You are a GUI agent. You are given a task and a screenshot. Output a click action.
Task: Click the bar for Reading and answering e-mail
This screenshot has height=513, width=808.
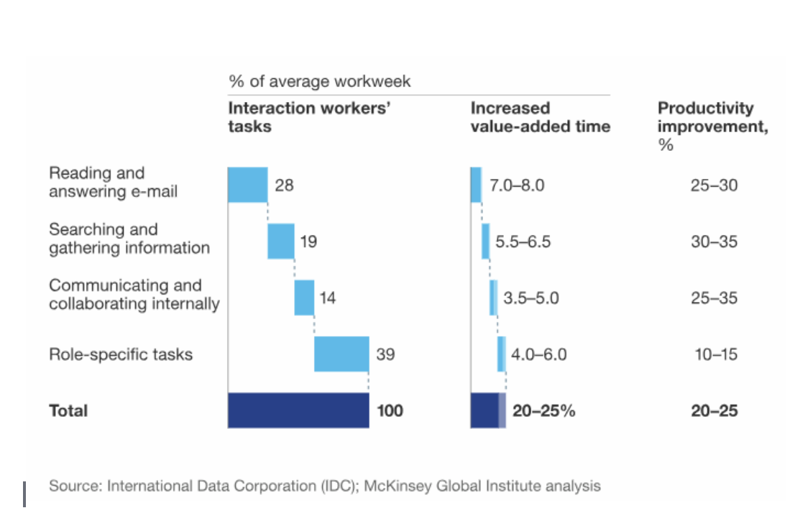(247, 185)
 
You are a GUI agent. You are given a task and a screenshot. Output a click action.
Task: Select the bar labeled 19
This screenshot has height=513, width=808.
(280, 241)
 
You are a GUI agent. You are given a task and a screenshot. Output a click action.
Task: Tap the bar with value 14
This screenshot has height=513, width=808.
(304, 297)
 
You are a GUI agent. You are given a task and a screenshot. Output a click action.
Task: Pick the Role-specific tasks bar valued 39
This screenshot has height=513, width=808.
(341, 353)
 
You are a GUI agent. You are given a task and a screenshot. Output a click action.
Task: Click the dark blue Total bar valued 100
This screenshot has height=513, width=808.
(298, 410)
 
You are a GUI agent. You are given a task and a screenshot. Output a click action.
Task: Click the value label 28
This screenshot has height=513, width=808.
(284, 185)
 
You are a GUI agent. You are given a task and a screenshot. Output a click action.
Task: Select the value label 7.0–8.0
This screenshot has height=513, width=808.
(517, 185)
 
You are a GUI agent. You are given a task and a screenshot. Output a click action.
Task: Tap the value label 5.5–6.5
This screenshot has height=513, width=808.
(523, 241)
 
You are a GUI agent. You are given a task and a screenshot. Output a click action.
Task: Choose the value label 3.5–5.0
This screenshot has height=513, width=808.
(531, 297)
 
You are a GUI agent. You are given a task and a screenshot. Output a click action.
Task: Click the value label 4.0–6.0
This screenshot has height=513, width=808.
(538, 354)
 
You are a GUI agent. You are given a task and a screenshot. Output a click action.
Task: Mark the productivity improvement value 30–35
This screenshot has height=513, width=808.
(714, 241)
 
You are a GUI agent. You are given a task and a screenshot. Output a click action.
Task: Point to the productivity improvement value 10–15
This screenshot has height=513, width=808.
(715, 354)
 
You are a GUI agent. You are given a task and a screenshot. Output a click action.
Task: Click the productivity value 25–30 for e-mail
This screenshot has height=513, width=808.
(714, 185)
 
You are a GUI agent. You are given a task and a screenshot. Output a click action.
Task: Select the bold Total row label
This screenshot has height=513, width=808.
(68, 410)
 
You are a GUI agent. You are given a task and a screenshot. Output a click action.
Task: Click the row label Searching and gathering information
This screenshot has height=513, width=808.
(129, 239)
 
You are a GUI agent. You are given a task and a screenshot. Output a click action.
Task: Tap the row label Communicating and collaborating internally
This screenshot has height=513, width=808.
(134, 295)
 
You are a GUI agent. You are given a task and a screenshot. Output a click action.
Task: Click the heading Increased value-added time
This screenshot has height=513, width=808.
(540, 117)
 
